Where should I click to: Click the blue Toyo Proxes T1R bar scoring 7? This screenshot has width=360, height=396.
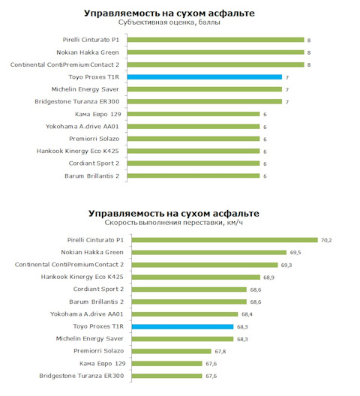[205, 77]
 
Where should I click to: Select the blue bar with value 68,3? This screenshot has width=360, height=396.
[183, 327]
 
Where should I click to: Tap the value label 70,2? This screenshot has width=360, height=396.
[326, 240]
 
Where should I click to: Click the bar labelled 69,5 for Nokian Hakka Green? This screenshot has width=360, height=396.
[209, 253]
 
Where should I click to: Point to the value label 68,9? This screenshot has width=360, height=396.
[268, 277]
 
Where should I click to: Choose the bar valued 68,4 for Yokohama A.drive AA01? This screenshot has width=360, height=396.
[185, 314]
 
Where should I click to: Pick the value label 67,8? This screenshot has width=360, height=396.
[220, 351]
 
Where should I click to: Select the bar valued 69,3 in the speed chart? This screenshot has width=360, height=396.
[205, 265]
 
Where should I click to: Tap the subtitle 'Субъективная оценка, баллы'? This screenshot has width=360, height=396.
[169, 22]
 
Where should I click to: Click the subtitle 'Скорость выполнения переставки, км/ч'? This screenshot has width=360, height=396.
[174, 223]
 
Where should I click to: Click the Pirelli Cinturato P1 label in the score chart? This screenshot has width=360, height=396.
[91, 40]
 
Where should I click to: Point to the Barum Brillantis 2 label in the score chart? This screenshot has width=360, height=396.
[92, 175]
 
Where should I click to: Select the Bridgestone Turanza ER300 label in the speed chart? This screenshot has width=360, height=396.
[82, 376]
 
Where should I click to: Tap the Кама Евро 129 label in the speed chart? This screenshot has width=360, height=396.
[103, 364]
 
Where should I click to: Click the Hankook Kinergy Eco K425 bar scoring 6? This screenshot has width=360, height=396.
[193, 151]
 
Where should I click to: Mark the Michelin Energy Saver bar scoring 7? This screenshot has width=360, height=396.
[205, 89]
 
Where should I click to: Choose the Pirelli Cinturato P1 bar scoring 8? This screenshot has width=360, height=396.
[216, 40]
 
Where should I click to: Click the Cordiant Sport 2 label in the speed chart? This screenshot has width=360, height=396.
[98, 289]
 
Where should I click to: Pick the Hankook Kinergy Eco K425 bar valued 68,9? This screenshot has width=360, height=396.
[196, 277]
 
